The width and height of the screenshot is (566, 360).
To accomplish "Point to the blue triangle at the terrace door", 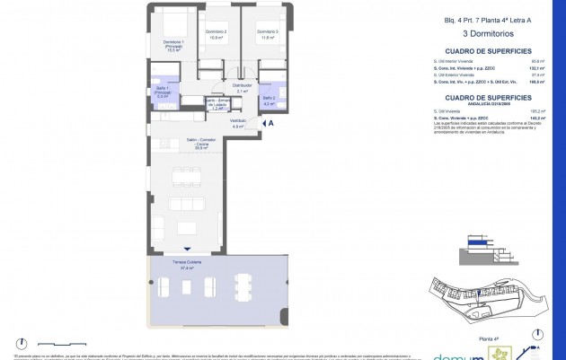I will click(187, 250).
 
